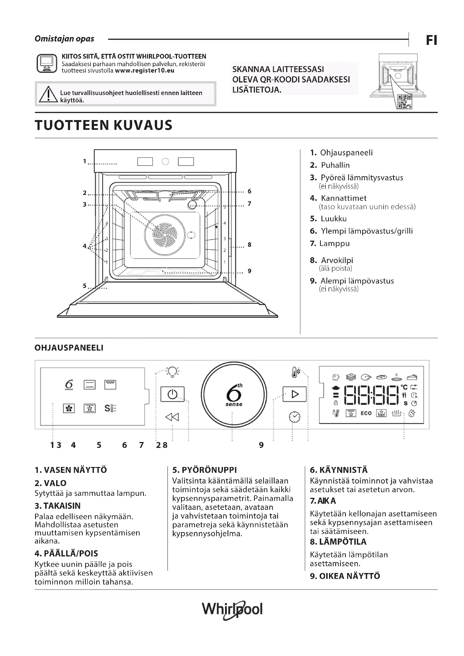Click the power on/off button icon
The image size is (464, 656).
[x=172, y=394]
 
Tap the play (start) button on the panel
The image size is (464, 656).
[x=295, y=394]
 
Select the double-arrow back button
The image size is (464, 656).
[x=172, y=417]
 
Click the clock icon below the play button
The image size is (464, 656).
[x=295, y=417]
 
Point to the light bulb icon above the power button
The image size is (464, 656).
[x=172, y=371]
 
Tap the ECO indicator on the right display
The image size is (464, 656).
[x=366, y=413]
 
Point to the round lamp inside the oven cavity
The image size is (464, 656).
[x=192, y=204]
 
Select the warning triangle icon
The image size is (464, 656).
[x=48, y=94]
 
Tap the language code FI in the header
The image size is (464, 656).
[x=431, y=40]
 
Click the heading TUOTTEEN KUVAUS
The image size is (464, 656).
[x=104, y=125]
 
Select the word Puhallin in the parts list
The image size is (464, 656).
[x=335, y=165]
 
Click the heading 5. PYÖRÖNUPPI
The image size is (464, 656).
[x=204, y=470]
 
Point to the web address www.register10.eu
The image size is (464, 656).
[x=144, y=71]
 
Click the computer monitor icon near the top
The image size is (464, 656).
[x=47, y=63]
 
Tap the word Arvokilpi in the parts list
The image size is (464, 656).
[x=337, y=260]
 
